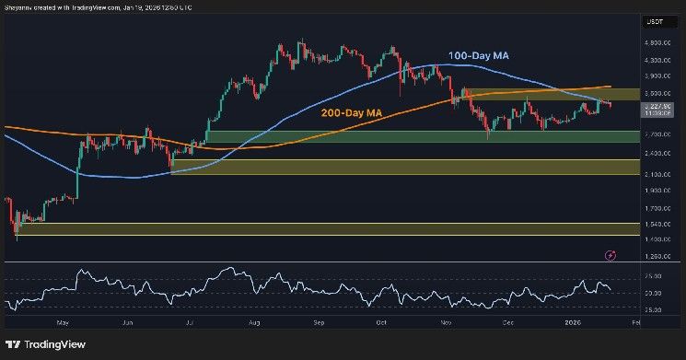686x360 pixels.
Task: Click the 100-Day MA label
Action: point(479,57)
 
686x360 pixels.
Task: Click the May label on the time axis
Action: point(62,323)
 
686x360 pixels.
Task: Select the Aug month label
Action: point(254,323)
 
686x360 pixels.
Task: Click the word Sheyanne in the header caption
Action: point(21,8)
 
